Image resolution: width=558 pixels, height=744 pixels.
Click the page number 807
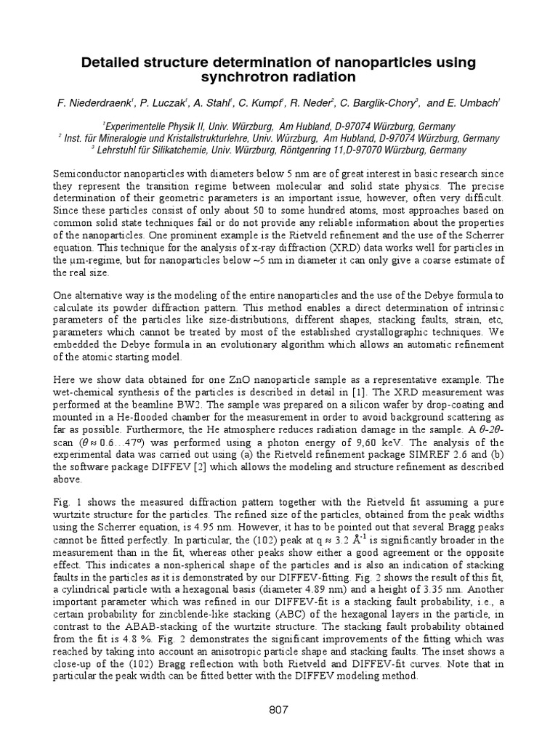point(279,710)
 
